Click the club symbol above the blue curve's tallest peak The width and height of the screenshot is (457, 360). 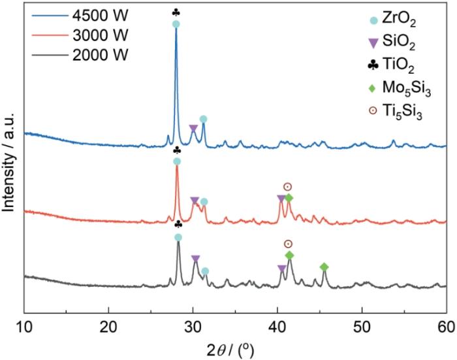176,12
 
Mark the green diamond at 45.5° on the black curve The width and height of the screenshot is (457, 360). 324,267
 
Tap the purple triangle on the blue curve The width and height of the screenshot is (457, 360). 193,129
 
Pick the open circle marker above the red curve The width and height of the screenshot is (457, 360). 287,187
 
